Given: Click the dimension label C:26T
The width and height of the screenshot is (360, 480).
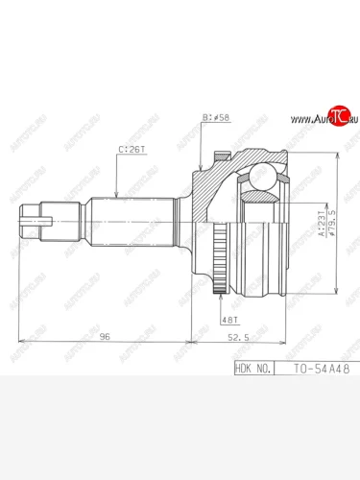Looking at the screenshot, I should [132, 151].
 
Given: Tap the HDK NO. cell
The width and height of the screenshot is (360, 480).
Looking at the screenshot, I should [253, 367].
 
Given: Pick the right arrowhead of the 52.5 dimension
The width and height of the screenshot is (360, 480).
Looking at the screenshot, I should [285, 342].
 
